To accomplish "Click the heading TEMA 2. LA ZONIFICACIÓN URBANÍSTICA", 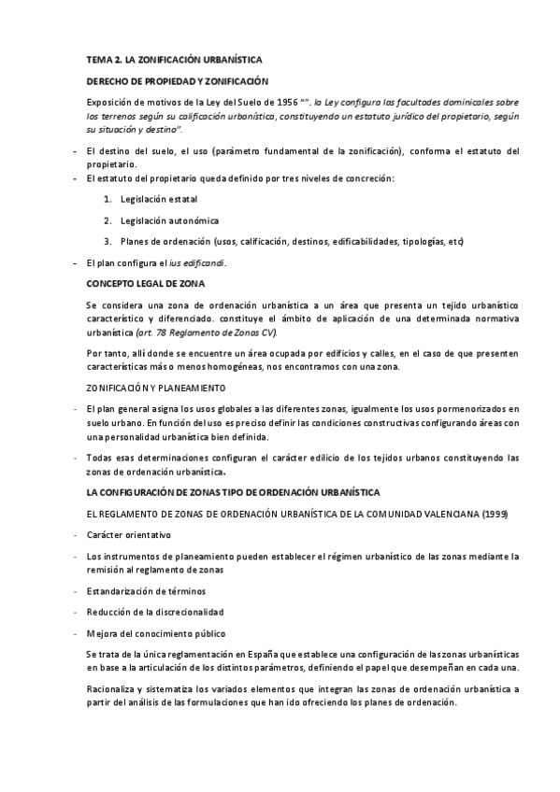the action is pyautogui.click(x=174, y=59).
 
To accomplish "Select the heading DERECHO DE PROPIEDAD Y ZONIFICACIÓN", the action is pyautogui.click(x=177, y=81).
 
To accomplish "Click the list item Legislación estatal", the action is pyautogui.click(x=159, y=199).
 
